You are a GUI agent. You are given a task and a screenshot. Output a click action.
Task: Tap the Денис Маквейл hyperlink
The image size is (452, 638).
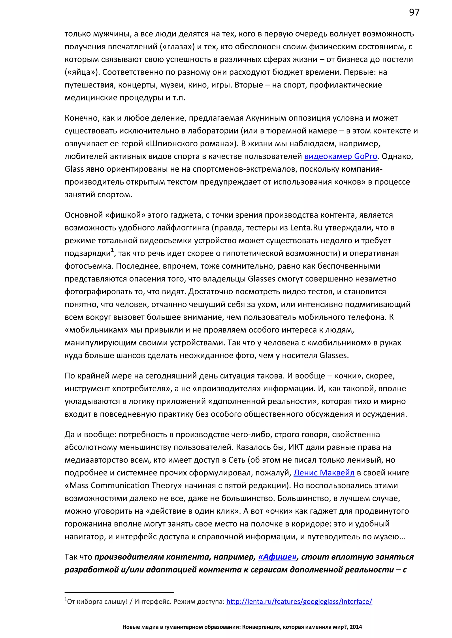click(324, 473)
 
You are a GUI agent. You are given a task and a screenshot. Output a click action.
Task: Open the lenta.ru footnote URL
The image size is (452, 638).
click(299, 602)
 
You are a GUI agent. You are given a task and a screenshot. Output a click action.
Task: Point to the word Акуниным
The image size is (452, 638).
click(266, 118)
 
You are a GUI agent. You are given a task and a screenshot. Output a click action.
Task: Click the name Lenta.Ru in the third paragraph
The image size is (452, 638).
click(306, 228)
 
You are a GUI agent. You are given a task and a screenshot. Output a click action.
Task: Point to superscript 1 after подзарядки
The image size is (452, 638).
click(112, 250)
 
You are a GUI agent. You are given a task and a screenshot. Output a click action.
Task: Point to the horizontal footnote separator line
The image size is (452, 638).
click(119, 592)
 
